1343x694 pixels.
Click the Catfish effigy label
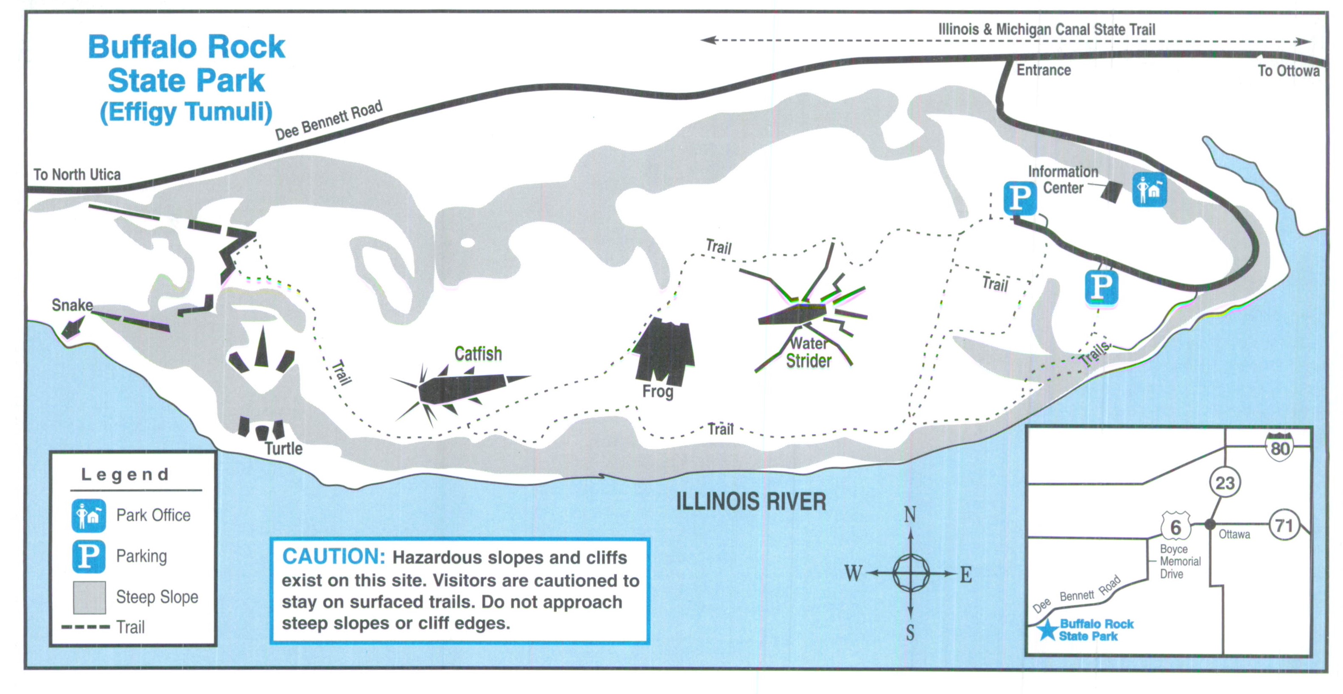[x=478, y=354]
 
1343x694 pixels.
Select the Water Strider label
[x=809, y=352]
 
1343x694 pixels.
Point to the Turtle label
[x=283, y=448]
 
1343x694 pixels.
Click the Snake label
[x=72, y=305]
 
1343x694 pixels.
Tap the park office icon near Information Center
[x=1149, y=190]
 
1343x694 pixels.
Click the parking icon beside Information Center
[x=1020, y=198]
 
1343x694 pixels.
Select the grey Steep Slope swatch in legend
[x=89, y=597]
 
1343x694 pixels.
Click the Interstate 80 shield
[x=1279, y=447]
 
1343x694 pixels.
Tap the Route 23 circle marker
[x=1225, y=483]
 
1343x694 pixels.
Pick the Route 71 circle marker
[x=1283, y=525]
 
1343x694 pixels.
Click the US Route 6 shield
[x=1175, y=526]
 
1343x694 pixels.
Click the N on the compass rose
[x=910, y=515]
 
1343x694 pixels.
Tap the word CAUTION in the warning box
[x=333, y=557]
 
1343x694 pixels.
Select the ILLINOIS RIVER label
[x=751, y=501]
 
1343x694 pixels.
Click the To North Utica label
[x=77, y=174]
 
